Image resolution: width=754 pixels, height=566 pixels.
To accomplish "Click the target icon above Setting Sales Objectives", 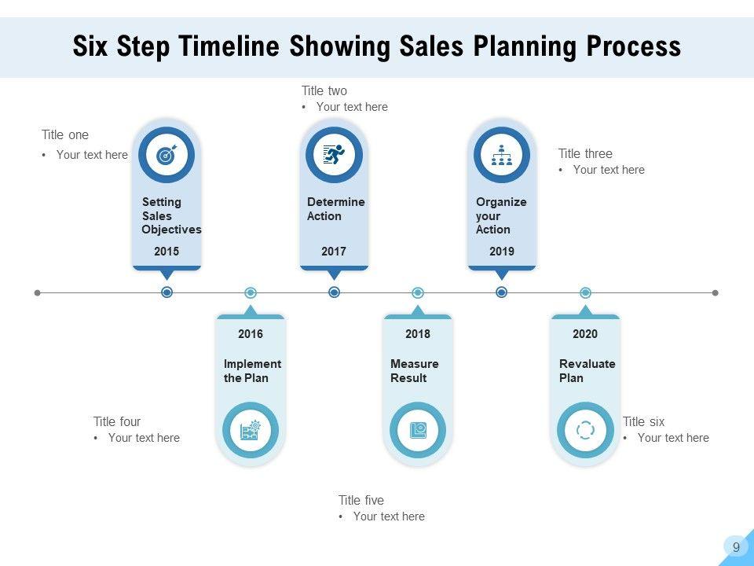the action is pyautogui.click(x=166, y=155).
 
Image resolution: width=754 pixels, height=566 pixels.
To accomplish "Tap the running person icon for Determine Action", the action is pyautogui.click(x=334, y=155).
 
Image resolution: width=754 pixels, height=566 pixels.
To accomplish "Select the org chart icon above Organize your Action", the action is pyautogui.click(x=501, y=155).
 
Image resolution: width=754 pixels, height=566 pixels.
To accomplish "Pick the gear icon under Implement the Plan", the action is pyautogui.click(x=251, y=430).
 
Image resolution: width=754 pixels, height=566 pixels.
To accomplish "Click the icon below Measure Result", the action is pyautogui.click(x=418, y=430).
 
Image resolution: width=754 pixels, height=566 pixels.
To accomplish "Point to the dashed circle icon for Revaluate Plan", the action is pyautogui.click(x=585, y=430).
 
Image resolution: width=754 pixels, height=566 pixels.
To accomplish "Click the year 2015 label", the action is pyautogui.click(x=167, y=252).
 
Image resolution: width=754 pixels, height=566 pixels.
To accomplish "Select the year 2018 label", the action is pyautogui.click(x=418, y=334).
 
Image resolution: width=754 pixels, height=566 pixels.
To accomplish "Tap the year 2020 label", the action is pyautogui.click(x=585, y=334).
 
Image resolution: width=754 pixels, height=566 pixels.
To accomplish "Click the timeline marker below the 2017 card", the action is pyautogui.click(x=334, y=292).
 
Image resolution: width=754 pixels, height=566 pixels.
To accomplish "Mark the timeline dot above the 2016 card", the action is pyautogui.click(x=251, y=292).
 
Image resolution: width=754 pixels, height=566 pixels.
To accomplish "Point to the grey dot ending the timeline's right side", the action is pyautogui.click(x=715, y=292).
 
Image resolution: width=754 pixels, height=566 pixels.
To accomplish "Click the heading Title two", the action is pyautogui.click(x=324, y=91).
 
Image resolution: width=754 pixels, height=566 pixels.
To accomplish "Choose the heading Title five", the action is pyautogui.click(x=361, y=501).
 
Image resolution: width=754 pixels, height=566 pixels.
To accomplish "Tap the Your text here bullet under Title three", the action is pyautogui.click(x=608, y=170).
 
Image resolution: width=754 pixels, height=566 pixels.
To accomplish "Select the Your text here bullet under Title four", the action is pyautogui.click(x=143, y=438).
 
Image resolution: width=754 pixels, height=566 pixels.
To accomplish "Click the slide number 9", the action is pyautogui.click(x=736, y=548).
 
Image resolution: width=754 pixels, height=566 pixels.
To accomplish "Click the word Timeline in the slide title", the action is pyautogui.click(x=229, y=47).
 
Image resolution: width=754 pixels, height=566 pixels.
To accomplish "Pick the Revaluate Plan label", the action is pyautogui.click(x=587, y=371).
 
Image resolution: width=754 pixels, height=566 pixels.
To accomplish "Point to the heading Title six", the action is pyautogui.click(x=643, y=422).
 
